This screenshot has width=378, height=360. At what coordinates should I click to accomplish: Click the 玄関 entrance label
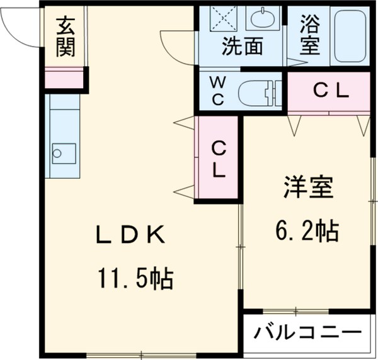coord(65,37)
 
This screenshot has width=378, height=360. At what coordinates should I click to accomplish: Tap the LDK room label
coord(130,235)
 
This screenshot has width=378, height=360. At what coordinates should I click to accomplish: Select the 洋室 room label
coord(307,189)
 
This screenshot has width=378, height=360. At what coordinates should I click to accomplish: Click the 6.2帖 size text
coord(307,231)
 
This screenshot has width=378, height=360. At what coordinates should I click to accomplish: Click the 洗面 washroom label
coord(241,47)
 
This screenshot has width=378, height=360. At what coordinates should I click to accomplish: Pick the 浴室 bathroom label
coord(309,37)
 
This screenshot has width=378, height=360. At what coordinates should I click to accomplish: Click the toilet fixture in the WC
coord(258,93)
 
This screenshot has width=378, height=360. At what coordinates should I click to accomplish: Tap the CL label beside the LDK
coord(218,159)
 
